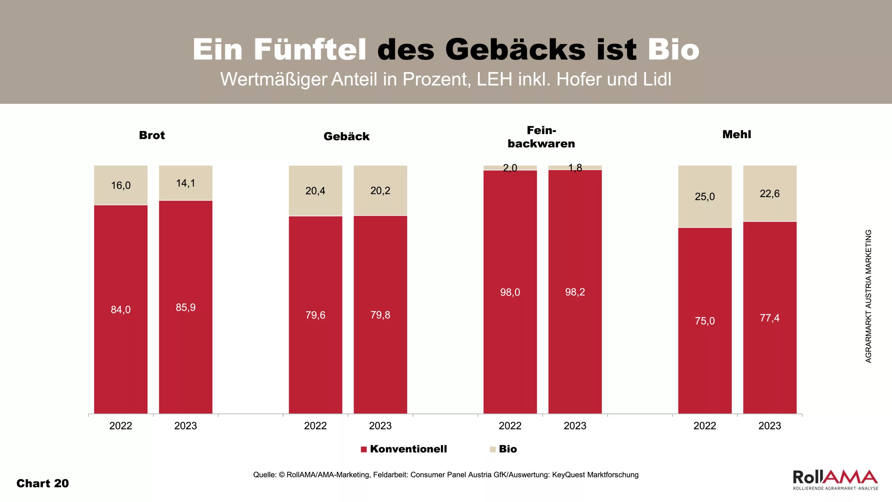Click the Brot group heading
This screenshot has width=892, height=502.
tap(152, 135)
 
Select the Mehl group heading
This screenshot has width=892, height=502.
tap(737, 135)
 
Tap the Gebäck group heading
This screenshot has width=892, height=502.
tap(346, 136)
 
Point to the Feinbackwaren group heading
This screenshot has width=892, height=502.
tap(541, 137)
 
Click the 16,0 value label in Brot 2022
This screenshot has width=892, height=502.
tap(121, 185)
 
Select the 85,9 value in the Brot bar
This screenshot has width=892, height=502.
tap(186, 307)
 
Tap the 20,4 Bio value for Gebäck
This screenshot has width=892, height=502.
tap(315, 191)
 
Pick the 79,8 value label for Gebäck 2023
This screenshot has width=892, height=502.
tap(380, 315)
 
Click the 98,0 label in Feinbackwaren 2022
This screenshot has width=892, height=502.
tap(510, 292)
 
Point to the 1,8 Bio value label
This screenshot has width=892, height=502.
tap(575, 168)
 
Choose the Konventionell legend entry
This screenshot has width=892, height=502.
tap(404, 449)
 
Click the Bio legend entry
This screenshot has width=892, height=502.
tap(504, 449)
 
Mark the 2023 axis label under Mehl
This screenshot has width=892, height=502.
tap(770, 426)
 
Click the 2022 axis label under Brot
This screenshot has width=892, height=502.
tap(121, 426)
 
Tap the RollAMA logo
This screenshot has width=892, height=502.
tap(835, 480)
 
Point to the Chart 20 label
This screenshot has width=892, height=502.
tap(43, 484)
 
